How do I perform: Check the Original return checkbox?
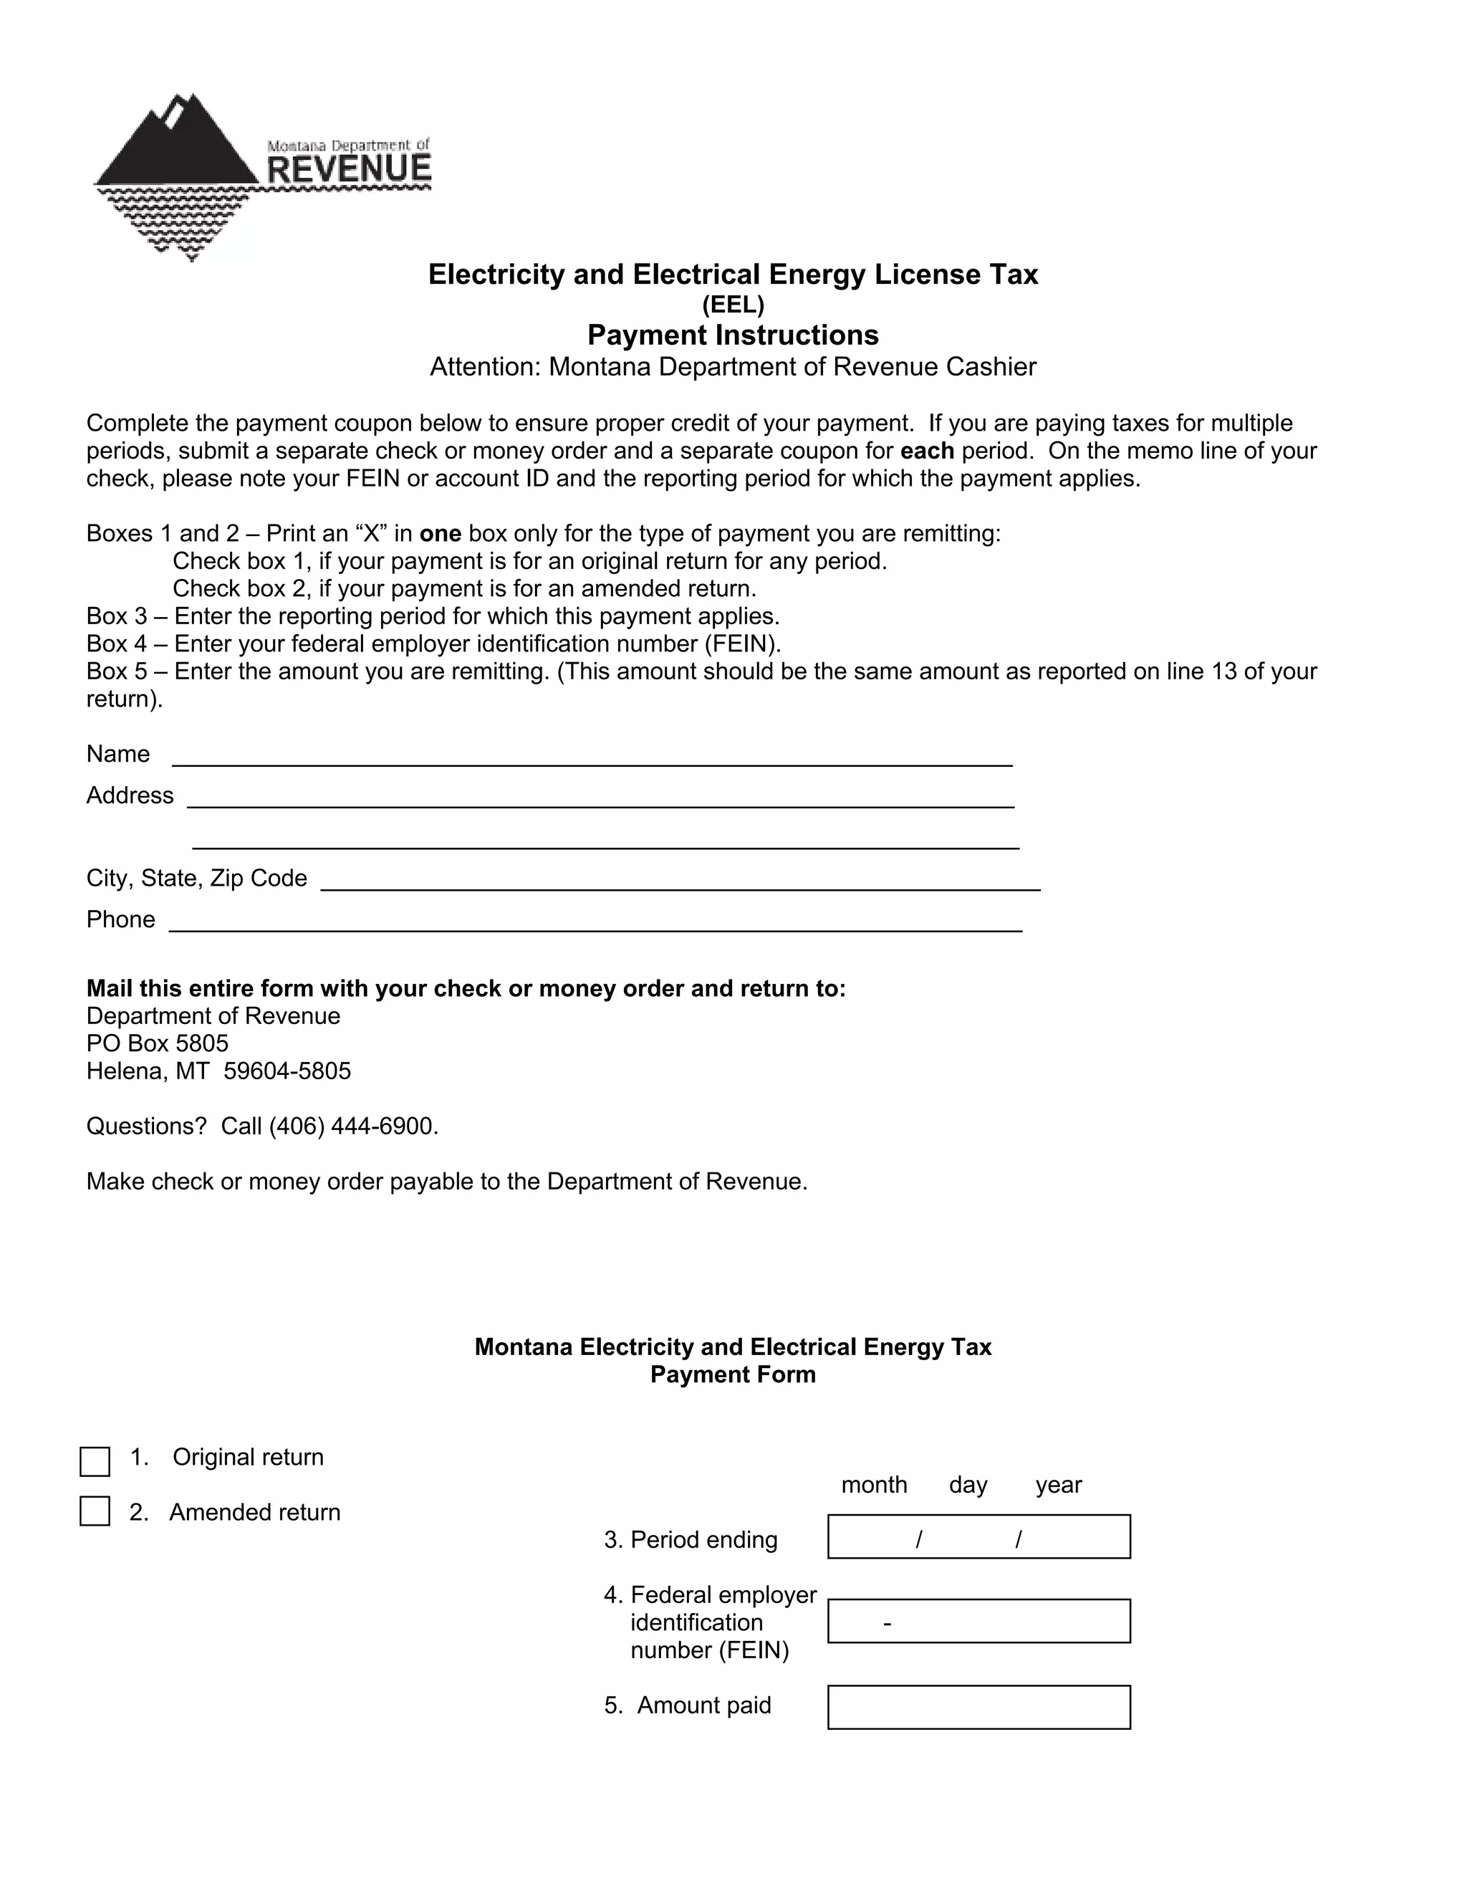click(x=95, y=1462)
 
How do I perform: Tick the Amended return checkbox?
click(x=95, y=1511)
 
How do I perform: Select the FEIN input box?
click(x=978, y=1621)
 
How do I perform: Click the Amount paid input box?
click(x=978, y=1707)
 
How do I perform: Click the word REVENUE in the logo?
click(x=349, y=168)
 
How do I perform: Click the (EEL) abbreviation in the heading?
click(x=733, y=305)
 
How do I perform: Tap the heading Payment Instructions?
click(x=733, y=335)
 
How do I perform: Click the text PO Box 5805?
click(x=158, y=1043)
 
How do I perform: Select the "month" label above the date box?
click(x=873, y=1484)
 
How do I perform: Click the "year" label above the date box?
click(x=1058, y=1484)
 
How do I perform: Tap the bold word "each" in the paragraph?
click(x=928, y=451)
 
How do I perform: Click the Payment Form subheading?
click(x=733, y=1374)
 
